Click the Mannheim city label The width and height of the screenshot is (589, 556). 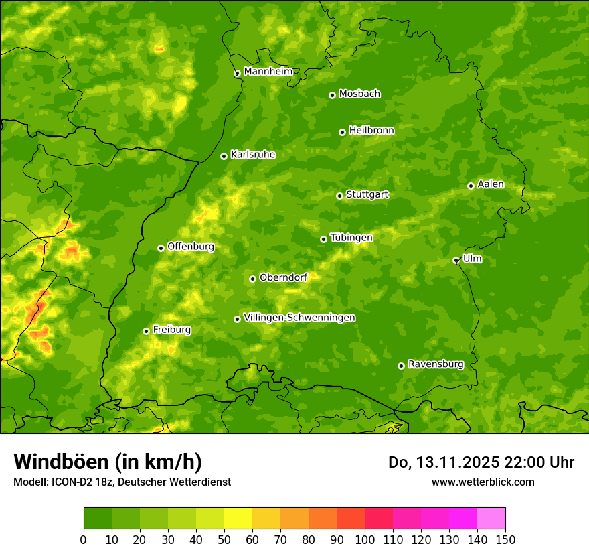(x=268, y=72)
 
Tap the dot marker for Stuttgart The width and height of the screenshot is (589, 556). (x=339, y=196)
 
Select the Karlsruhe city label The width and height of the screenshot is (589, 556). (x=252, y=155)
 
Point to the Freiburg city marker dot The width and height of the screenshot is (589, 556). (x=146, y=331)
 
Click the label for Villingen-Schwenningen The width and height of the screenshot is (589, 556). (x=299, y=318)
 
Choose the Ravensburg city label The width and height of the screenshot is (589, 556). (x=435, y=364)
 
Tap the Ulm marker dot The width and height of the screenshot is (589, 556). (x=456, y=260)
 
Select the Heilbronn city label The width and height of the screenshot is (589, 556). (x=371, y=131)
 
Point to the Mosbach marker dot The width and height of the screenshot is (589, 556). (x=332, y=95)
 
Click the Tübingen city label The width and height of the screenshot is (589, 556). (x=351, y=238)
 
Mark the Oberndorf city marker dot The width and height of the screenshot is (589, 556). (x=252, y=279)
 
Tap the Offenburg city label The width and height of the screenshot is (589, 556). (x=190, y=247)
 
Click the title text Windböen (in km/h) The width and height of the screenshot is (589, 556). (x=108, y=462)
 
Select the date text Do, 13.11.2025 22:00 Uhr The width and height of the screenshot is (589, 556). (x=481, y=462)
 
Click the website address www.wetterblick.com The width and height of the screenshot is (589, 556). (x=483, y=482)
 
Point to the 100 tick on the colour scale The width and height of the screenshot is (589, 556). (x=365, y=539)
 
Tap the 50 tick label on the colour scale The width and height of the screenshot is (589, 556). (x=224, y=539)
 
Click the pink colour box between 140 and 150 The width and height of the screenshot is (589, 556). (x=491, y=518)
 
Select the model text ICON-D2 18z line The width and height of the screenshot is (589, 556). (x=122, y=482)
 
